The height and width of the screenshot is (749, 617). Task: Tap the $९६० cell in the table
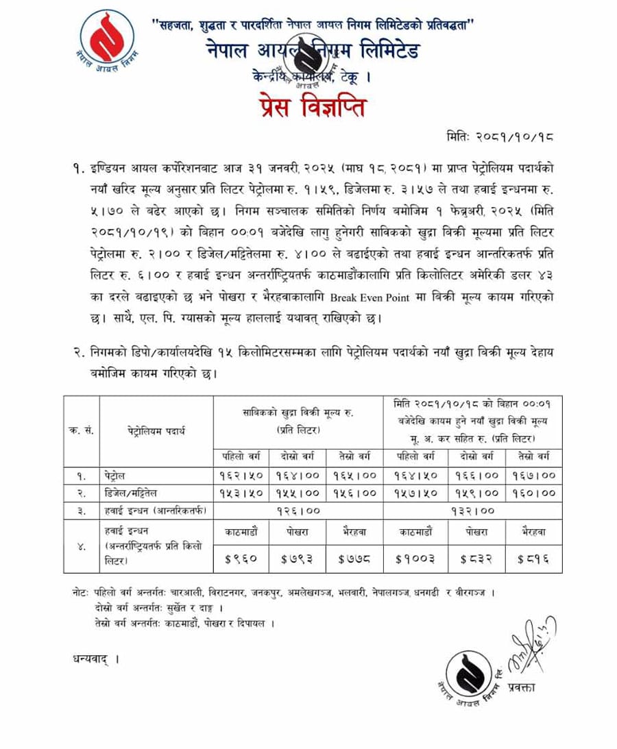[241, 558]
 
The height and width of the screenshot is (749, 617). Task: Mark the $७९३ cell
[298, 558]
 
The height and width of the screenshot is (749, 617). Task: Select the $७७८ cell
[354, 558]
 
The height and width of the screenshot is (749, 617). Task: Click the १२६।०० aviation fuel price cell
[298, 511]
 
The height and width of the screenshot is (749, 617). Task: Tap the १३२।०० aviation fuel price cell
[473, 511]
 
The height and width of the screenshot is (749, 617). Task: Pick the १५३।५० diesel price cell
[241, 493]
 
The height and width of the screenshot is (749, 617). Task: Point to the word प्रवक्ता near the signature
[522, 687]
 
